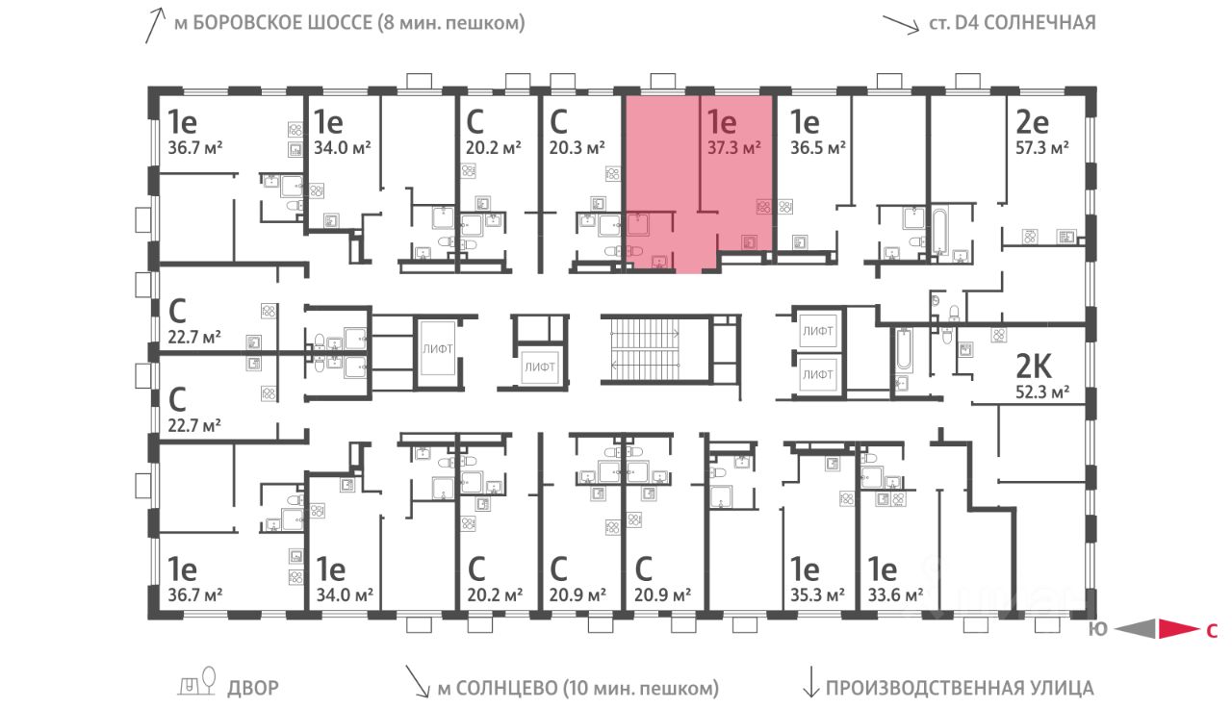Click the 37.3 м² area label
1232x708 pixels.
click(x=734, y=147)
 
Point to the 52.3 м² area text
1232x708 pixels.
click(x=1043, y=392)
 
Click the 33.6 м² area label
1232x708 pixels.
click(x=895, y=594)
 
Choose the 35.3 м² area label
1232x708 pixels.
click(x=817, y=594)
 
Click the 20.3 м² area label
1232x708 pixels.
click(x=577, y=147)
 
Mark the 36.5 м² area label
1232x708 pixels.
click(x=817, y=147)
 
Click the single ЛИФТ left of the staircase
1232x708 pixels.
click(x=539, y=366)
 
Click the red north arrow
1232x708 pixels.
click(x=1175, y=630)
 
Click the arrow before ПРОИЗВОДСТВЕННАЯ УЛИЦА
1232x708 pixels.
click(x=810, y=685)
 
